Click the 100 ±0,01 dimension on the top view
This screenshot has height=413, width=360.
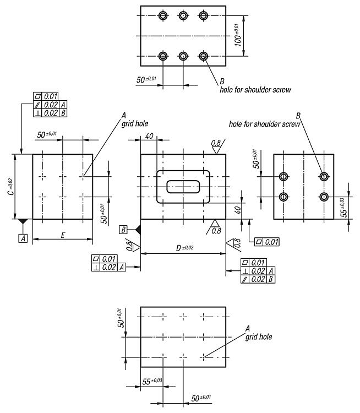point(238,35)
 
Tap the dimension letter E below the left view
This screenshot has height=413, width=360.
point(63,235)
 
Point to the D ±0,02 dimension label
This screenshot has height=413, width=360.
point(184,248)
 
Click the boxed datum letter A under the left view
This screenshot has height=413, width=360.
point(23,238)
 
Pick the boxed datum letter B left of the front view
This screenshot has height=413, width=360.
point(123,230)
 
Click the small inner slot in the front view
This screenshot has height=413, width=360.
point(183,187)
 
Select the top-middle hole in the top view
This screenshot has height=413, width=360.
point(183,15)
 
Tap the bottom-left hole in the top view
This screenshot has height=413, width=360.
point(163,56)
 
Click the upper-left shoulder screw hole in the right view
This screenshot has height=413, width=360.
point(283,176)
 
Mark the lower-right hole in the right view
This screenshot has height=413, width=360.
point(324,197)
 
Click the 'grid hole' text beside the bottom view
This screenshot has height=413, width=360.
point(259,337)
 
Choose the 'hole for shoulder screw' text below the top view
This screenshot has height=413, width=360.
point(255,90)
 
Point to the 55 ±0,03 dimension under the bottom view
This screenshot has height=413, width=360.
point(152,381)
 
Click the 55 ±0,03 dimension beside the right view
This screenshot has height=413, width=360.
point(343,207)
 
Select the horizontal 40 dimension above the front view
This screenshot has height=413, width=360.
point(149,136)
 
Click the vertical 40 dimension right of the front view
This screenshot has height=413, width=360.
point(238,210)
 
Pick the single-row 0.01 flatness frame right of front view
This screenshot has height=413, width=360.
point(267,242)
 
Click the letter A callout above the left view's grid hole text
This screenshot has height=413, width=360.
point(123,116)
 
